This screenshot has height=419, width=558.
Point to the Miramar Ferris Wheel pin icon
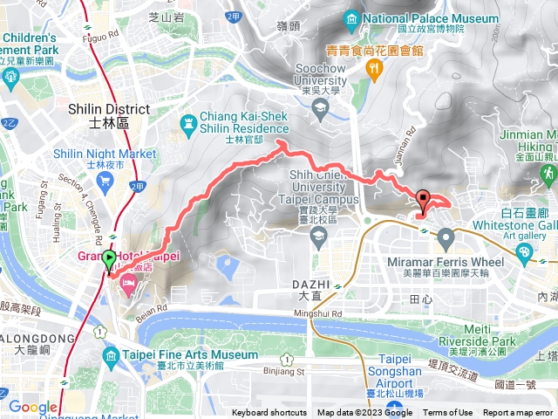(446, 237)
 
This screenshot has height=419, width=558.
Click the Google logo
(32, 407)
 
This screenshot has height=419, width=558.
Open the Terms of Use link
(448, 413)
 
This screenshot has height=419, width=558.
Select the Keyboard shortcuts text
(269, 413)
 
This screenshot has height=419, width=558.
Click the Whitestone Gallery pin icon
(523, 253)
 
